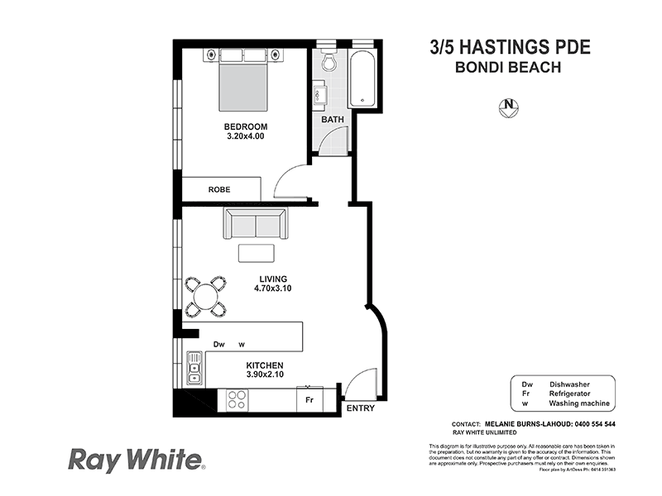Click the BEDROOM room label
245,126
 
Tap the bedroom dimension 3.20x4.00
245,136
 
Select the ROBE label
219,189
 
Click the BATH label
333,120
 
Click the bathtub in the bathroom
365,80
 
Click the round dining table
206,296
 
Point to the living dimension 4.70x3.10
272,289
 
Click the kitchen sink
194,368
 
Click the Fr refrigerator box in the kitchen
309,399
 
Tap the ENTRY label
360,408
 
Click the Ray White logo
135,459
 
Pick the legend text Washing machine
579,403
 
